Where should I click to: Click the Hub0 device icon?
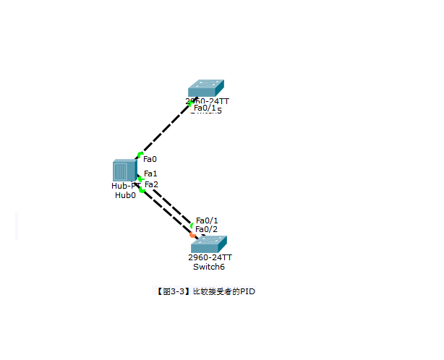click(x=124, y=171)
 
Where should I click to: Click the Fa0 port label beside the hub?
click(x=150, y=159)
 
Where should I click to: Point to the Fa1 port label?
click(x=150, y=173)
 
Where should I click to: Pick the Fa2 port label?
click(x=151, y=184)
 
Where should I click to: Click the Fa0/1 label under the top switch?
click(x=205, y=108)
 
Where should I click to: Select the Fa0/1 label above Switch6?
click(x=207, y=220)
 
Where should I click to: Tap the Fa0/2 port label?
click(x=207, y=229)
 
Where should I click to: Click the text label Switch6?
click(x=209, y=267)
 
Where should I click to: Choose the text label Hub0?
click(x=125, y=195)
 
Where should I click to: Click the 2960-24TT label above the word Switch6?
click(x=210, y=257)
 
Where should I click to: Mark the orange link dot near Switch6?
click(x=192, y=234)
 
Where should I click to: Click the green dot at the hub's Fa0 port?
click(x=140, y=154)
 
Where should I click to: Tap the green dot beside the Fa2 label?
click(x=142, y=189)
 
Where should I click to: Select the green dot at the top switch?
click(x=191, y=103)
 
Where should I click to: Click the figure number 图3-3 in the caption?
click(x=171, y=291)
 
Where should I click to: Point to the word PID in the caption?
click(x=249, y=291)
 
